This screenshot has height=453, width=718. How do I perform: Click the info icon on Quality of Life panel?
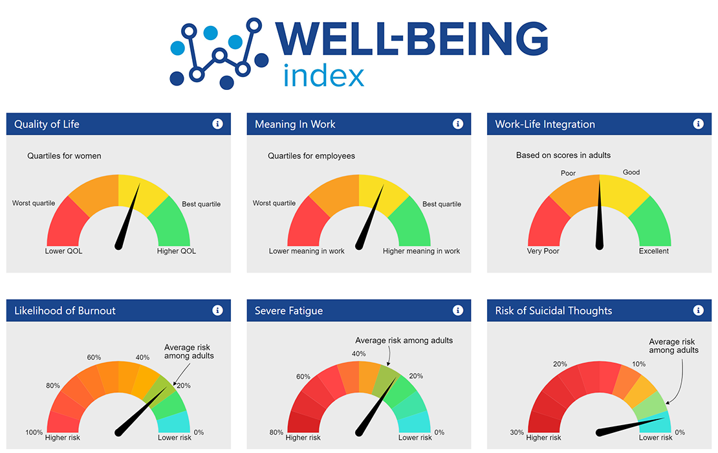click(217, 124)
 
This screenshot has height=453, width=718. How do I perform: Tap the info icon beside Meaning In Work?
click(458, 124)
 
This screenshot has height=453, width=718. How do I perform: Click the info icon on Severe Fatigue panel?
click(458, 311)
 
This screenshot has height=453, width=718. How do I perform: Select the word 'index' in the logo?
click(323, 76)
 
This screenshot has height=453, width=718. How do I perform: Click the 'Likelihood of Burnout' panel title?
click(65, 311)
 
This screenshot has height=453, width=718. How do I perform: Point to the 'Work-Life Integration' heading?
click(545, 124)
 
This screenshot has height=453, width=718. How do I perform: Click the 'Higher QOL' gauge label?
click(177, 251)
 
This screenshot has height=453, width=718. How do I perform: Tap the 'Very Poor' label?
click(543, 251)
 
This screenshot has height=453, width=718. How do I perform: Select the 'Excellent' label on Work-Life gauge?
click(654, 251)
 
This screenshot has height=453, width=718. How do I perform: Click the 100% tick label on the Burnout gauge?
click(34, 432)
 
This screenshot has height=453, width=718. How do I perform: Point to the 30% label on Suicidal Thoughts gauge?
click(517, 432)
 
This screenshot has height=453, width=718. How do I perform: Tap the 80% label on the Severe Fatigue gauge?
click(276, 432)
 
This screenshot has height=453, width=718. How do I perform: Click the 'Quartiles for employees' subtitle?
click(311, 156)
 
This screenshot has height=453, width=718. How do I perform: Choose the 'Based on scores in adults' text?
click(563, 155)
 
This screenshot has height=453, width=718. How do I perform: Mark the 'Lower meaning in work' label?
click(307, 251)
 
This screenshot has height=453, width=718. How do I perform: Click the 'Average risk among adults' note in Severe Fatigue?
click(404, 340)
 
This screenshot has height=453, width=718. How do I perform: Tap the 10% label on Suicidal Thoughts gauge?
click(638, 364)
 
